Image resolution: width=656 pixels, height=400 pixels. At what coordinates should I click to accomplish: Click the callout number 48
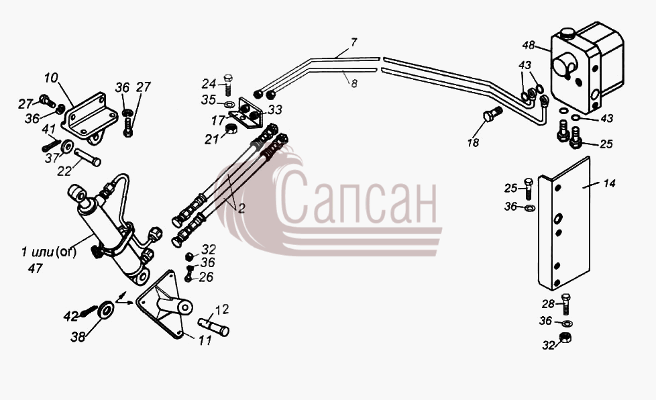529,45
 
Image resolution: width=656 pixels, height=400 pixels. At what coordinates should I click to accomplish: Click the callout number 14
609,183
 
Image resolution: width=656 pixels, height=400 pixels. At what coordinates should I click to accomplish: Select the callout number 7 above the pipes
353,42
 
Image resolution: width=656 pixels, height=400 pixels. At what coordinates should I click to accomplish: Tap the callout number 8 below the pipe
354,84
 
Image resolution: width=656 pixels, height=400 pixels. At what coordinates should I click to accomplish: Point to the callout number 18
473,143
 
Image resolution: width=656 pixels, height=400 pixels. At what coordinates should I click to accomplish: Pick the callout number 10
51,79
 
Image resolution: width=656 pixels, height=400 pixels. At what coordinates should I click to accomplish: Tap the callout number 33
275,109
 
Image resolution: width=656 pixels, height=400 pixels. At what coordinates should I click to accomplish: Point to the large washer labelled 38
105,311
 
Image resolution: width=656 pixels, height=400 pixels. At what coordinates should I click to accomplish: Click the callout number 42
70,316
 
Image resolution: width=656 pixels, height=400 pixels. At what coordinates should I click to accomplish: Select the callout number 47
35,268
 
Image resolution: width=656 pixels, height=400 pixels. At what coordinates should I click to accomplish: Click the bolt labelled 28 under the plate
565,304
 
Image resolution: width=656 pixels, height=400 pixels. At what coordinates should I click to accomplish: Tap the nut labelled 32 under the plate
565,337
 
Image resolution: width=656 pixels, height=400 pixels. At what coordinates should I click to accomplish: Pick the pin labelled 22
87,157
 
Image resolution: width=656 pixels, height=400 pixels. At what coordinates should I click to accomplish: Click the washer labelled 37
66,146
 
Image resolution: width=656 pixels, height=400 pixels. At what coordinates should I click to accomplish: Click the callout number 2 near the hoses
241,208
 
